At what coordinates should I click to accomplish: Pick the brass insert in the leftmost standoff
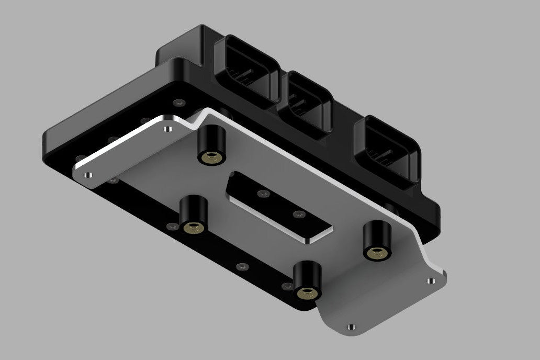193,227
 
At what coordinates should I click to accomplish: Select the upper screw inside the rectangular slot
262,194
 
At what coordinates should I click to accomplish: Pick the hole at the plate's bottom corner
351,327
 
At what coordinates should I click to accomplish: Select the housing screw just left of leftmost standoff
171,227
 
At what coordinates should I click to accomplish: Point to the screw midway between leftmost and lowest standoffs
241,267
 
